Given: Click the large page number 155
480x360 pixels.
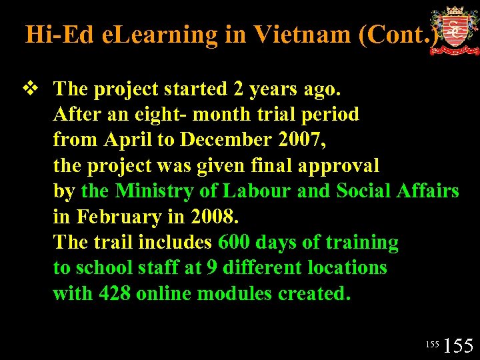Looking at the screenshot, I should (x=458, y=346).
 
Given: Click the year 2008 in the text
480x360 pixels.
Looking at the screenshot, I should (x=213, y=217).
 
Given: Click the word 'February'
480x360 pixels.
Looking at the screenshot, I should (x=116, y=217).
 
